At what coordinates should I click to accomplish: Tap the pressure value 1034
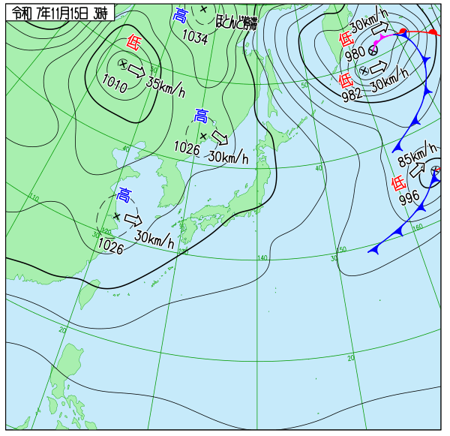pyautogui.click(x=195, y=36)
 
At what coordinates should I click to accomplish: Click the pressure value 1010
pyautogui.click(x=115, y=81)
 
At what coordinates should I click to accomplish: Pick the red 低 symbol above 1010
pyautogui.click(x=133, y=44)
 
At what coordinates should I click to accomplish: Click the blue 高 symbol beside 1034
pyautogui.click(x=180, y=17)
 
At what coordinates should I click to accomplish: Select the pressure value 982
pyautogui.click(x=350, y=94)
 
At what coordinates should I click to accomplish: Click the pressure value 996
pyautogui.click(x=409, y=198)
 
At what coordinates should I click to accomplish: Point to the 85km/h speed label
pyautogui.click(x=417, y=156)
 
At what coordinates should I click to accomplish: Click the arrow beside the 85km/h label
pyautogui.click(x=417, y=170)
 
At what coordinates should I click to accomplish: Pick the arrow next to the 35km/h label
pyautogui.click(x=136, y=70)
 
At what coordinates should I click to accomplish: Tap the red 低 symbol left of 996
pyautogui.click(x=398, y=182)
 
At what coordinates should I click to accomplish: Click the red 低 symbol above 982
pyautogui.click(x=346, y=80)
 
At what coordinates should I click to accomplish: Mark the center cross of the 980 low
pyautogui.click(x=373, y=50)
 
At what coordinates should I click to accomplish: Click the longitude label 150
pyautogui.click(x=342, y=249)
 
